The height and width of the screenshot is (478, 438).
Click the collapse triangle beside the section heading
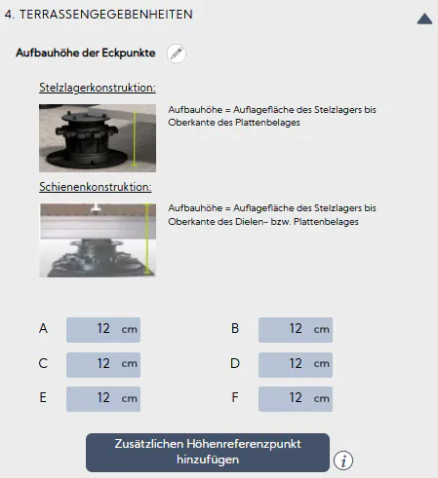tap(424, 17)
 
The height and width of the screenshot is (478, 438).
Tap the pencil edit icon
tap(177, 55)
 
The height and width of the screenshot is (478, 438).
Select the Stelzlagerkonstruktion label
tap(97, 89)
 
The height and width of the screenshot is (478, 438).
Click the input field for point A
tap(103, 329)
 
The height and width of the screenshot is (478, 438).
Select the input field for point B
tap(296, 329)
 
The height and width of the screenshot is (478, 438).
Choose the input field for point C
tap(103, 364)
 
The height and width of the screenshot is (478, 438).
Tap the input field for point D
tap(296, 364)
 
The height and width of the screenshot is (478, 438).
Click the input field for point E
tap(103, 398)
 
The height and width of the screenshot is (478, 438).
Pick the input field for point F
tap(296, 398)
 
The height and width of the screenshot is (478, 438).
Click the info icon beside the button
tap(343, 460)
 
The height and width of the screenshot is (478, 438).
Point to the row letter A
tap(43, 329)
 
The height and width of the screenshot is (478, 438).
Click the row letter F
tap(235, 398)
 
